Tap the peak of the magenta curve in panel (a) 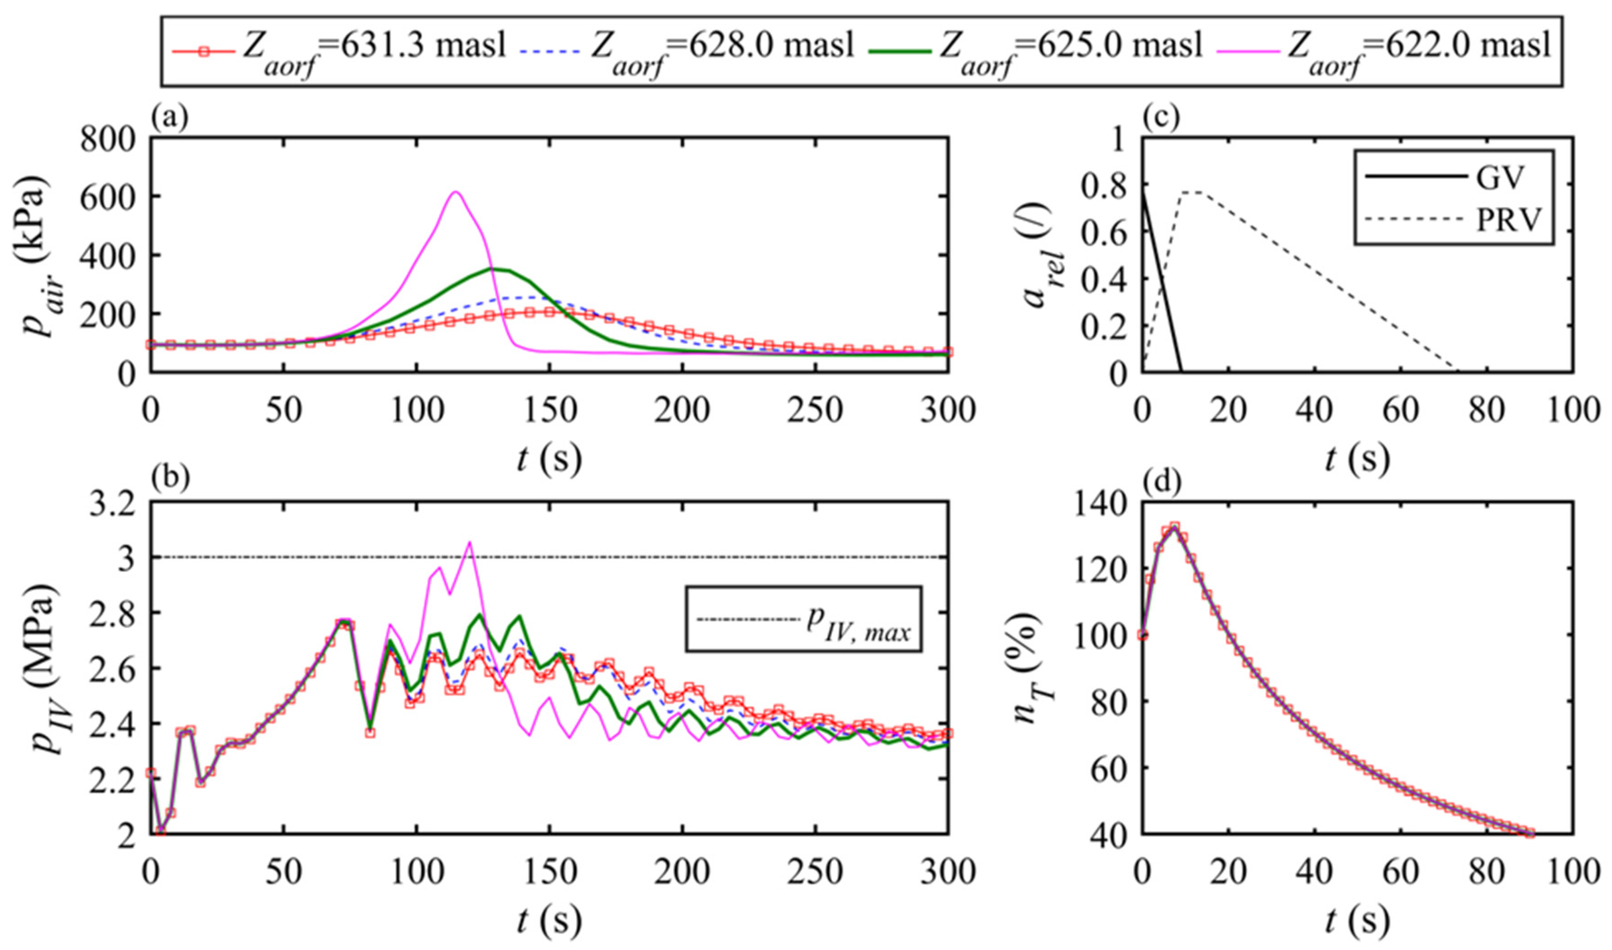point(455,192)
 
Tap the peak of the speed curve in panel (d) point(1174,526)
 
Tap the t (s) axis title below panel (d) point(1357,922)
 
